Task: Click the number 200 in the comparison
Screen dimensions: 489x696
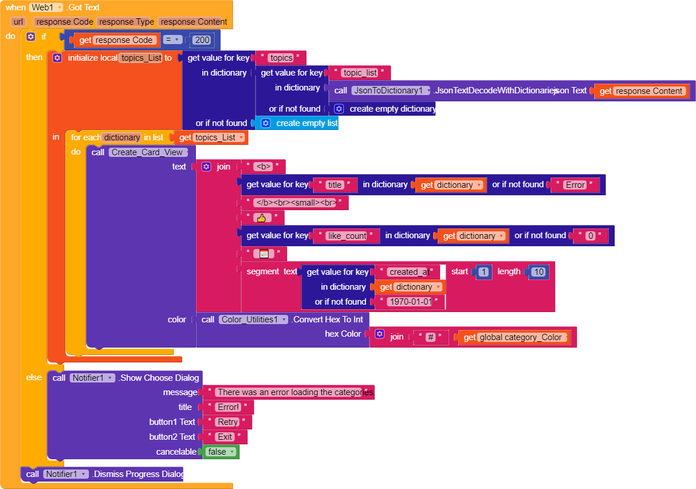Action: [x=202, y=40]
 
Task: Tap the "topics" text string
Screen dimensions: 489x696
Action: [x=281, y=58]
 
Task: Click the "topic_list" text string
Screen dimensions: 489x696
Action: [x=360, y=73]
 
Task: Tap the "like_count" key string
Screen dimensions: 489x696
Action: [x=347, y=236]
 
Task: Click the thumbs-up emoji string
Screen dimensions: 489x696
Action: [x=262, y=218]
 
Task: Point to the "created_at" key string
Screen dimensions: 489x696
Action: [x=408, y=272]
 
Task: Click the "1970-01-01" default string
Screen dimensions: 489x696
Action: [x=409, y=302]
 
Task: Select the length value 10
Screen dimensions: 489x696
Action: [x=538, y=272]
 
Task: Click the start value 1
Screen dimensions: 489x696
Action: [x=483, y=272]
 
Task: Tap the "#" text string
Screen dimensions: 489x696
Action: [x=431, y=337]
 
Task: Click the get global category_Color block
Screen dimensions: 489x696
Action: [x=514, y=337]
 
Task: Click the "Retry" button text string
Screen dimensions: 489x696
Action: [x=227, y=422]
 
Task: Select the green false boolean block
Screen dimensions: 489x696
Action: [x=221, y=452]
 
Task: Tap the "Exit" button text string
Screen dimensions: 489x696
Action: [x=225, y=437]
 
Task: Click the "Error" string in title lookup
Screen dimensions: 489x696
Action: [x=575, y=185]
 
